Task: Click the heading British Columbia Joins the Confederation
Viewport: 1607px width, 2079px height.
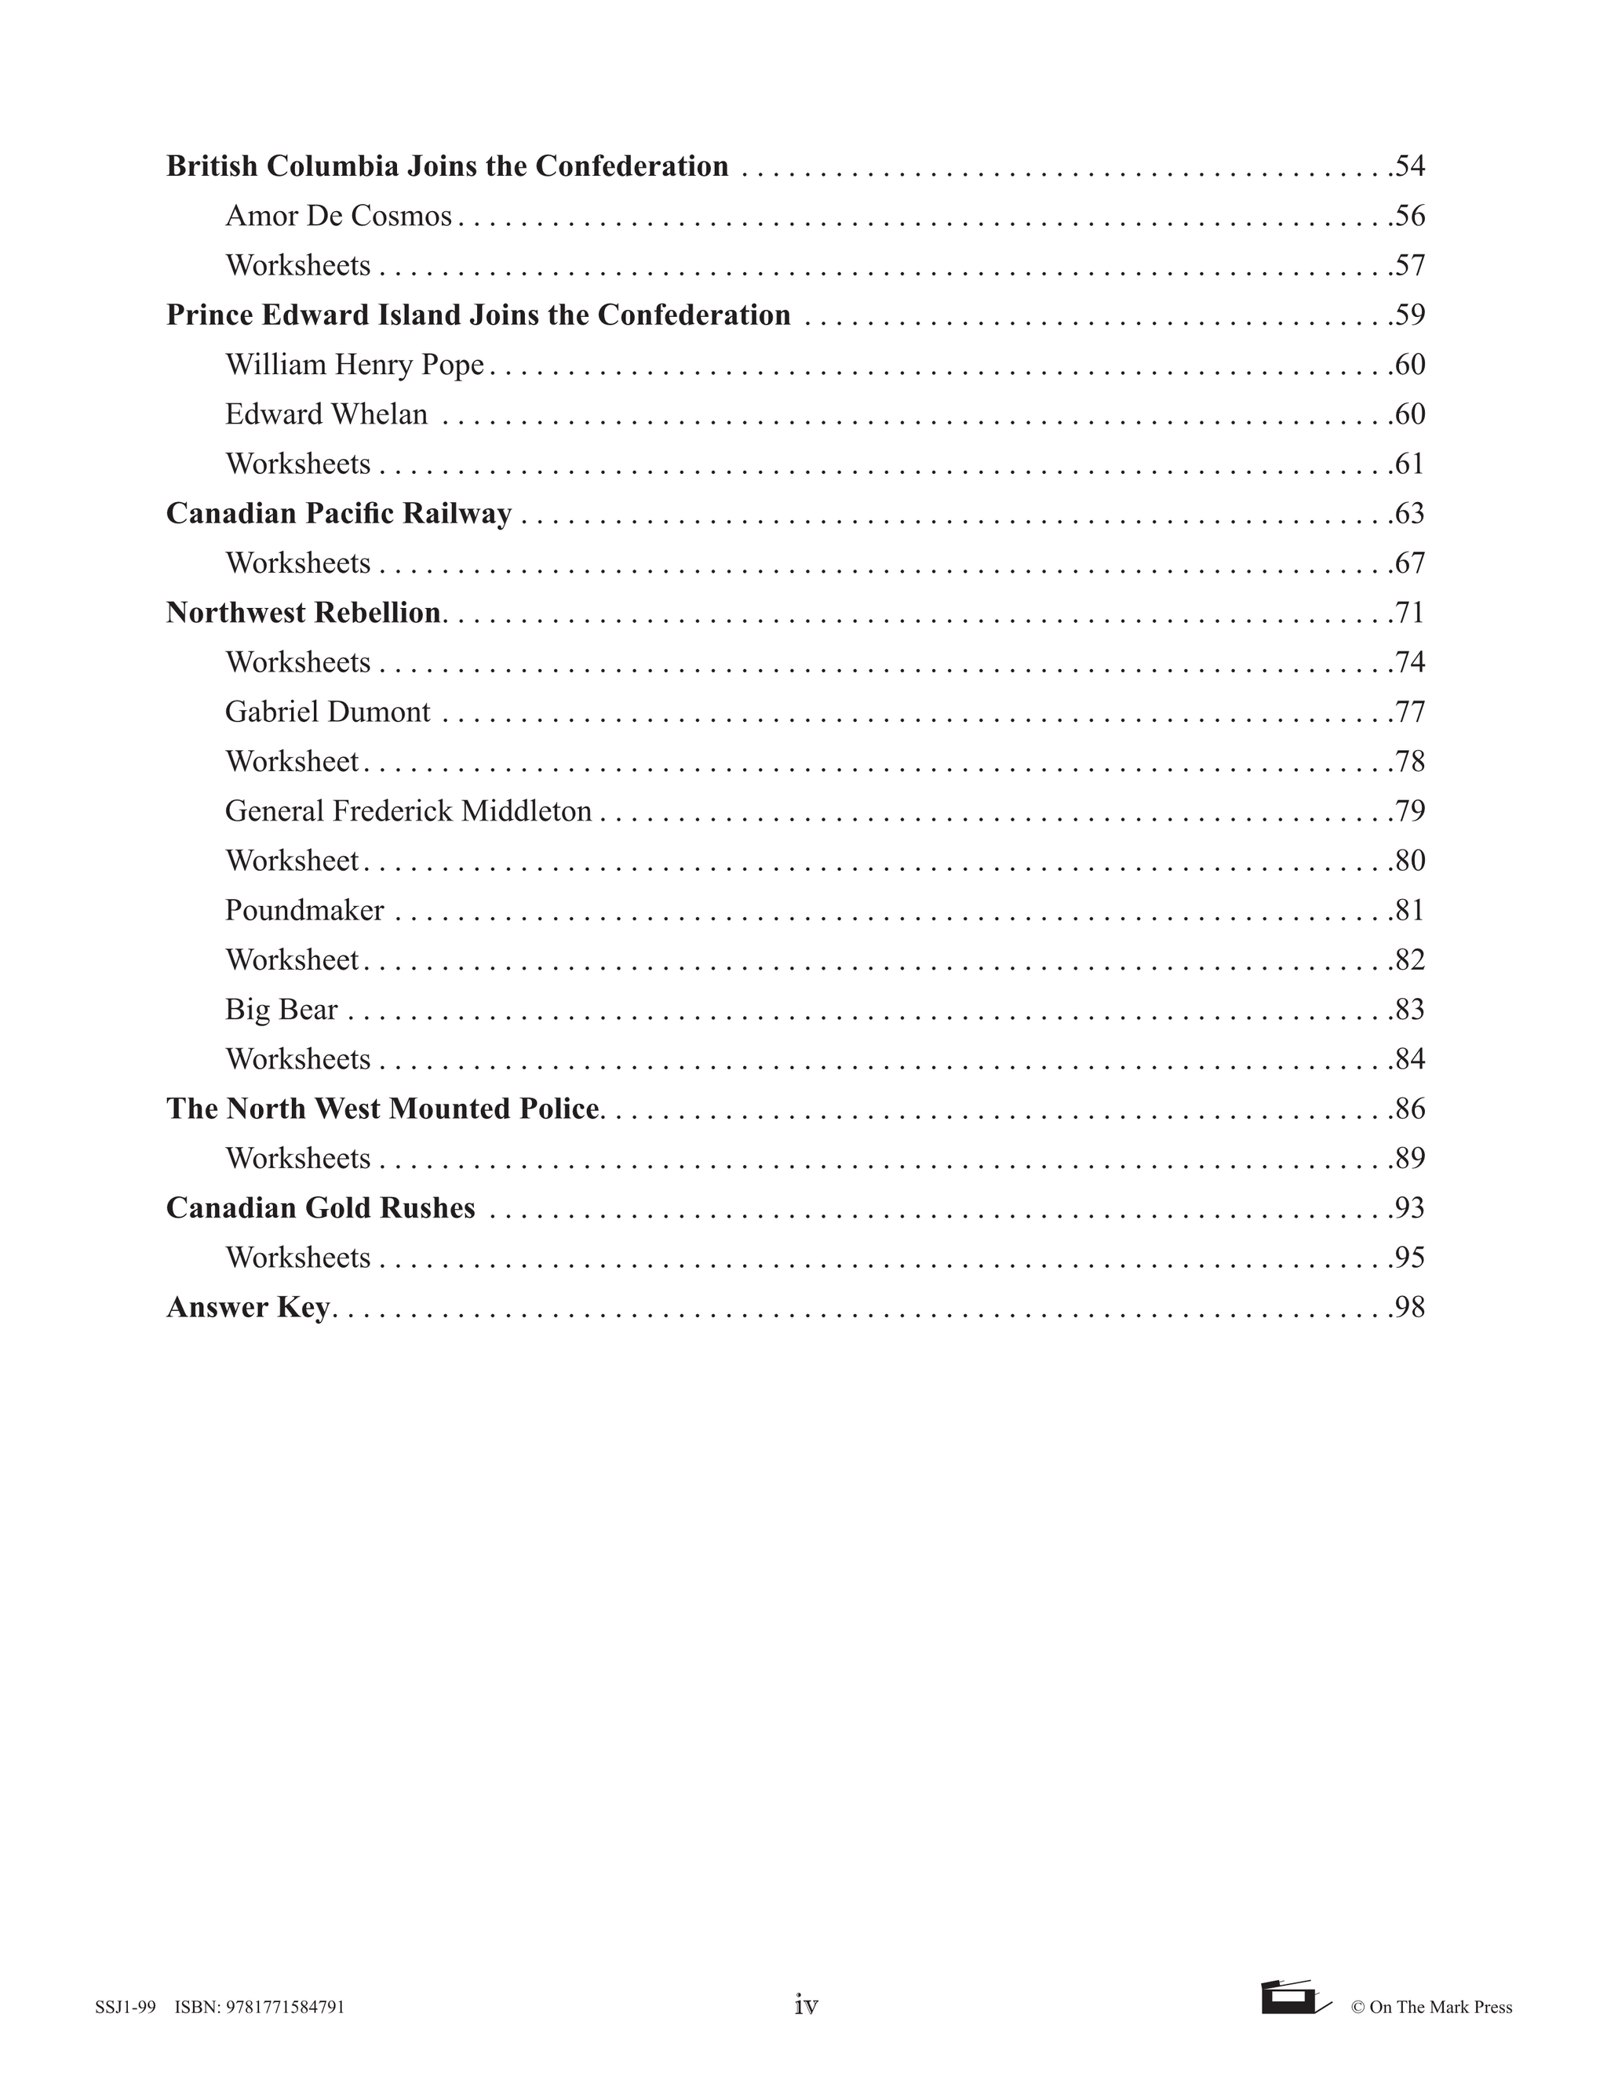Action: click(446, 166)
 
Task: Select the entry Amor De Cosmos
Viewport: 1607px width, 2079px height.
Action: click(338, 216)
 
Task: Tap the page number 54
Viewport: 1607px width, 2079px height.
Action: click(1409, 166)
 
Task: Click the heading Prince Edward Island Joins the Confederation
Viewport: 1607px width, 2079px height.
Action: click(478, 315)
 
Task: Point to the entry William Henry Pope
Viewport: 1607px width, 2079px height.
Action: click(354, 365)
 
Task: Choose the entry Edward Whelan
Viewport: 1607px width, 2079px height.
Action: click(326, 414)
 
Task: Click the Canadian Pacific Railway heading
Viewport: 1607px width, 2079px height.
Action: click(339, 514)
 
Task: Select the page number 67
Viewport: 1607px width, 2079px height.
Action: click(1409, 563)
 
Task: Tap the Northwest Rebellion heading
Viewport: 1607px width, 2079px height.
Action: click(303, 613)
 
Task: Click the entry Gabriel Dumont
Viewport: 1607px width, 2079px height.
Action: click(327, 712)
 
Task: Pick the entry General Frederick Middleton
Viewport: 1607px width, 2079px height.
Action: click(408, 811)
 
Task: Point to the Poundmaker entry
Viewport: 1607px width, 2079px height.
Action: click(304, 911)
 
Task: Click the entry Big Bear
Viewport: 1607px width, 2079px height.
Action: click(281, 1010)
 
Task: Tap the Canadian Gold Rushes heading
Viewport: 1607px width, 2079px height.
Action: click(320, 1208)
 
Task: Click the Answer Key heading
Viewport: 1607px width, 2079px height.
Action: click(247, 1308)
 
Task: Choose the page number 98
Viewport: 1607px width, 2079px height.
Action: click(1409, 1308)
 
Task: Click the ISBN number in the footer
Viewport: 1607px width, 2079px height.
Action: click(260, 2008)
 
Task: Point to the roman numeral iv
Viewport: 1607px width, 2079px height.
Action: click(805, 2007)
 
